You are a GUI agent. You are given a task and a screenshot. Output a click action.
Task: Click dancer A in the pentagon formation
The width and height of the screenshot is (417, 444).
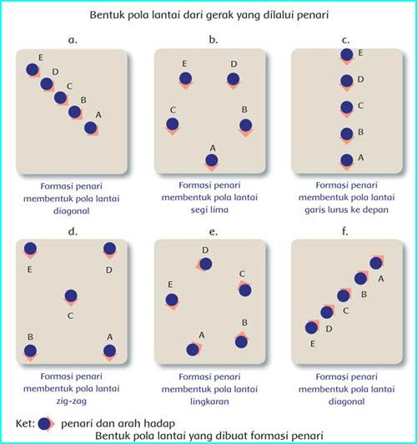point(212,161)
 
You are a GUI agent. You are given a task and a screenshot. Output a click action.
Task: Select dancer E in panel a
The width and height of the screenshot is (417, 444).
point(33,70)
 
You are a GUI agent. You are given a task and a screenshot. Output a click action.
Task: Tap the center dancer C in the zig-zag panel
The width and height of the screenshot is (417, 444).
point(71,297)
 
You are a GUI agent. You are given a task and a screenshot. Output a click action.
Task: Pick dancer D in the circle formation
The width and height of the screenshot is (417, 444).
point(205,265)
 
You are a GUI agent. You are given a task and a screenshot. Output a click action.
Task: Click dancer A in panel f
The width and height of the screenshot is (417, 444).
point(376,263)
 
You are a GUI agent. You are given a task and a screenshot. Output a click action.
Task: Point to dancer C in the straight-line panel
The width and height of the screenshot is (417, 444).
point(347,108)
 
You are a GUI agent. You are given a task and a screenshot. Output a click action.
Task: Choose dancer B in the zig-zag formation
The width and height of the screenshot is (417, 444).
point(30,351)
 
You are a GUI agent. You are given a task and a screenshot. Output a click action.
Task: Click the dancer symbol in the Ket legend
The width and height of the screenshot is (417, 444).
point(45,424)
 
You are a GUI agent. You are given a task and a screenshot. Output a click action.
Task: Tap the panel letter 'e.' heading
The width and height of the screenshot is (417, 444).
point(213,232)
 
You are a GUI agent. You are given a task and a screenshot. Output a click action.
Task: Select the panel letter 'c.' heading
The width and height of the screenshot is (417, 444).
point(346,40)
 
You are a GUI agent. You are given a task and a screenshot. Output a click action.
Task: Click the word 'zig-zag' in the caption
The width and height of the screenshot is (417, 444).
point(71,401)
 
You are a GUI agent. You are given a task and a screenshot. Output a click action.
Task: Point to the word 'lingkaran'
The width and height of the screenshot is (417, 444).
point(209,401)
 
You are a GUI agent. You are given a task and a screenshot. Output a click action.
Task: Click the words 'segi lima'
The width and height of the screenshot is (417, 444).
point(209,209)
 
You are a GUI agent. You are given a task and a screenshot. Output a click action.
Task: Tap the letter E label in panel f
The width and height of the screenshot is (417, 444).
point(313,344)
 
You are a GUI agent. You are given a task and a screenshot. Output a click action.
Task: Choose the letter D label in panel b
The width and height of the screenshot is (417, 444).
point(234,64)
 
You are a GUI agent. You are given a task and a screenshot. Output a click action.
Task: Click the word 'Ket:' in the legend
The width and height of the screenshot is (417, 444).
point(25,424)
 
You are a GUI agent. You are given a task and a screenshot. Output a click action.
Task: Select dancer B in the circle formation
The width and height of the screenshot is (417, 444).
point(241,341)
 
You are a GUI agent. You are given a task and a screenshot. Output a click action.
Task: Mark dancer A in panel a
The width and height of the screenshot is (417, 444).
point(91,129)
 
